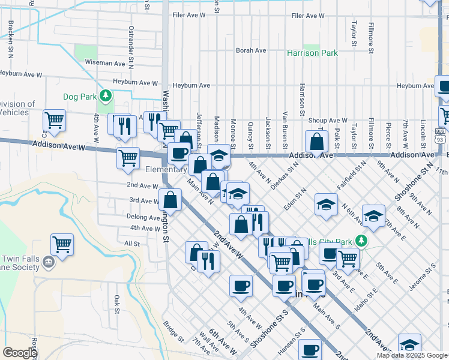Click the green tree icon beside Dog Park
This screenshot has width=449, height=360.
tap(106, 95)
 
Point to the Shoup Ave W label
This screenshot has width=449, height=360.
tap(328, 121)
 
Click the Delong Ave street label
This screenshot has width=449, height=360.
tap(142, 217)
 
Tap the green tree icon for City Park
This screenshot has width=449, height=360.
tap(360, 241)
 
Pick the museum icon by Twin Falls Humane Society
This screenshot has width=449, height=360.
tap(49, 262)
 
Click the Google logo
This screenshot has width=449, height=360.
tap(20, 353)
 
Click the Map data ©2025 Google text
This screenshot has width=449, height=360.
tap(411, 355)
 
